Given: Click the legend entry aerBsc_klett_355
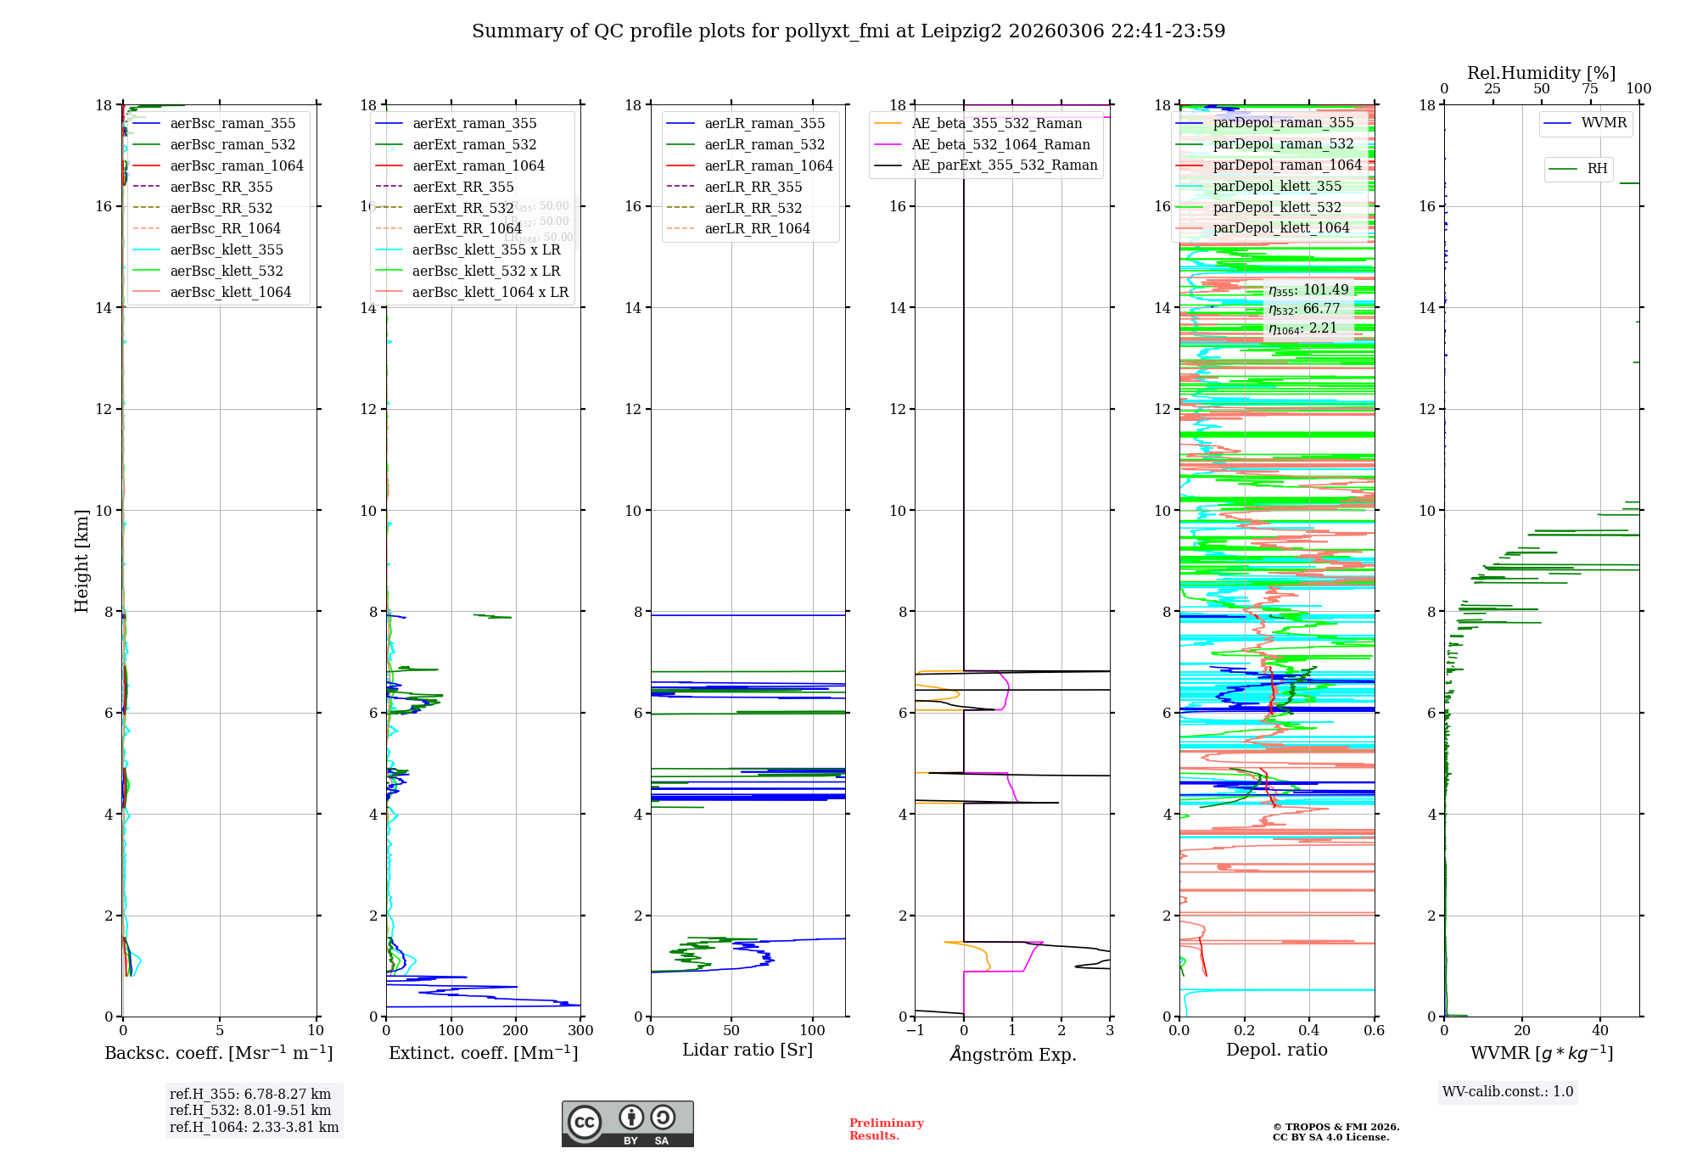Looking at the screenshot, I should pyautogui.click(x=226, y=250).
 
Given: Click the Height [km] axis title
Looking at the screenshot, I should pyautogui.click(x=81, y=561).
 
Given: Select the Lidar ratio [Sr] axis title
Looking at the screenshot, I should pyautogui.click(x=748, y=1050).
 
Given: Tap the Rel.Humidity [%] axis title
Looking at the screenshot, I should pyautogui.click(x=1541, y=73).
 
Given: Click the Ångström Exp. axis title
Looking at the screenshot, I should pyautogui.click(x=1012, y=1054).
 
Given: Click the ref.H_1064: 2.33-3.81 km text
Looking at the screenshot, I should pyautogui.click(x=254, y=1128).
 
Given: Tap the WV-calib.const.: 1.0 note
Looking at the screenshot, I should pyautogui.click(x=1508, y=1092).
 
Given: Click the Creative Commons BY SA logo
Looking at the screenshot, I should pyautogui.click(x=627, y=1123).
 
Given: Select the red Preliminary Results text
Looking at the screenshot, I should pyautogui.click(x=886, y=1129).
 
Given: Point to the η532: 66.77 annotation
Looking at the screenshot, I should pyautogui.click(x=1304, y=309).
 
